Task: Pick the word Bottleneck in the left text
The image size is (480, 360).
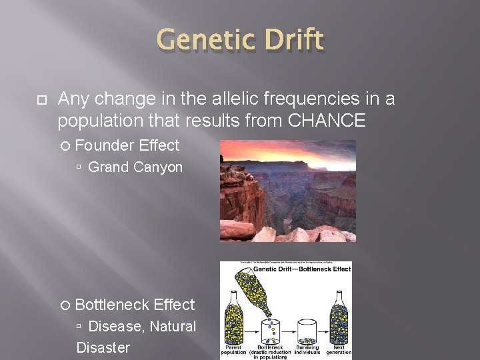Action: (112, 305)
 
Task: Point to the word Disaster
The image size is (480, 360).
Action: (103, 347)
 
